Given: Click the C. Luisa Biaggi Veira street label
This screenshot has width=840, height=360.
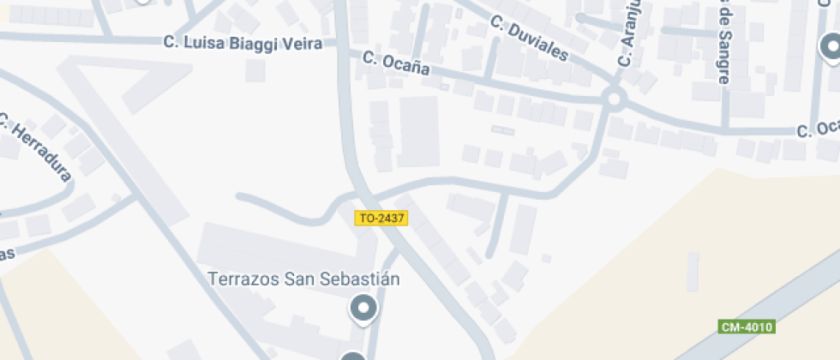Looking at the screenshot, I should pos(243,42).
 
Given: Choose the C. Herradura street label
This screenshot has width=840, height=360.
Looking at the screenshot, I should pos(36,147).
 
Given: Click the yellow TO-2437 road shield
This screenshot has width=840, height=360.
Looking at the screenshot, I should pos(381,219).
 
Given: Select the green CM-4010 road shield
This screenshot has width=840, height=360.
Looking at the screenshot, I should pos(747,327).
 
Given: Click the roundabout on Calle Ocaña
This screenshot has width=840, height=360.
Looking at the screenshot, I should pos(613,99).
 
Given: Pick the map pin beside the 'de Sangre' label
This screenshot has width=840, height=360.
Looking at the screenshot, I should pos(830,48).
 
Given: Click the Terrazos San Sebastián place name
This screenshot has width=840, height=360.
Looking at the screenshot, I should pos(304,279).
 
